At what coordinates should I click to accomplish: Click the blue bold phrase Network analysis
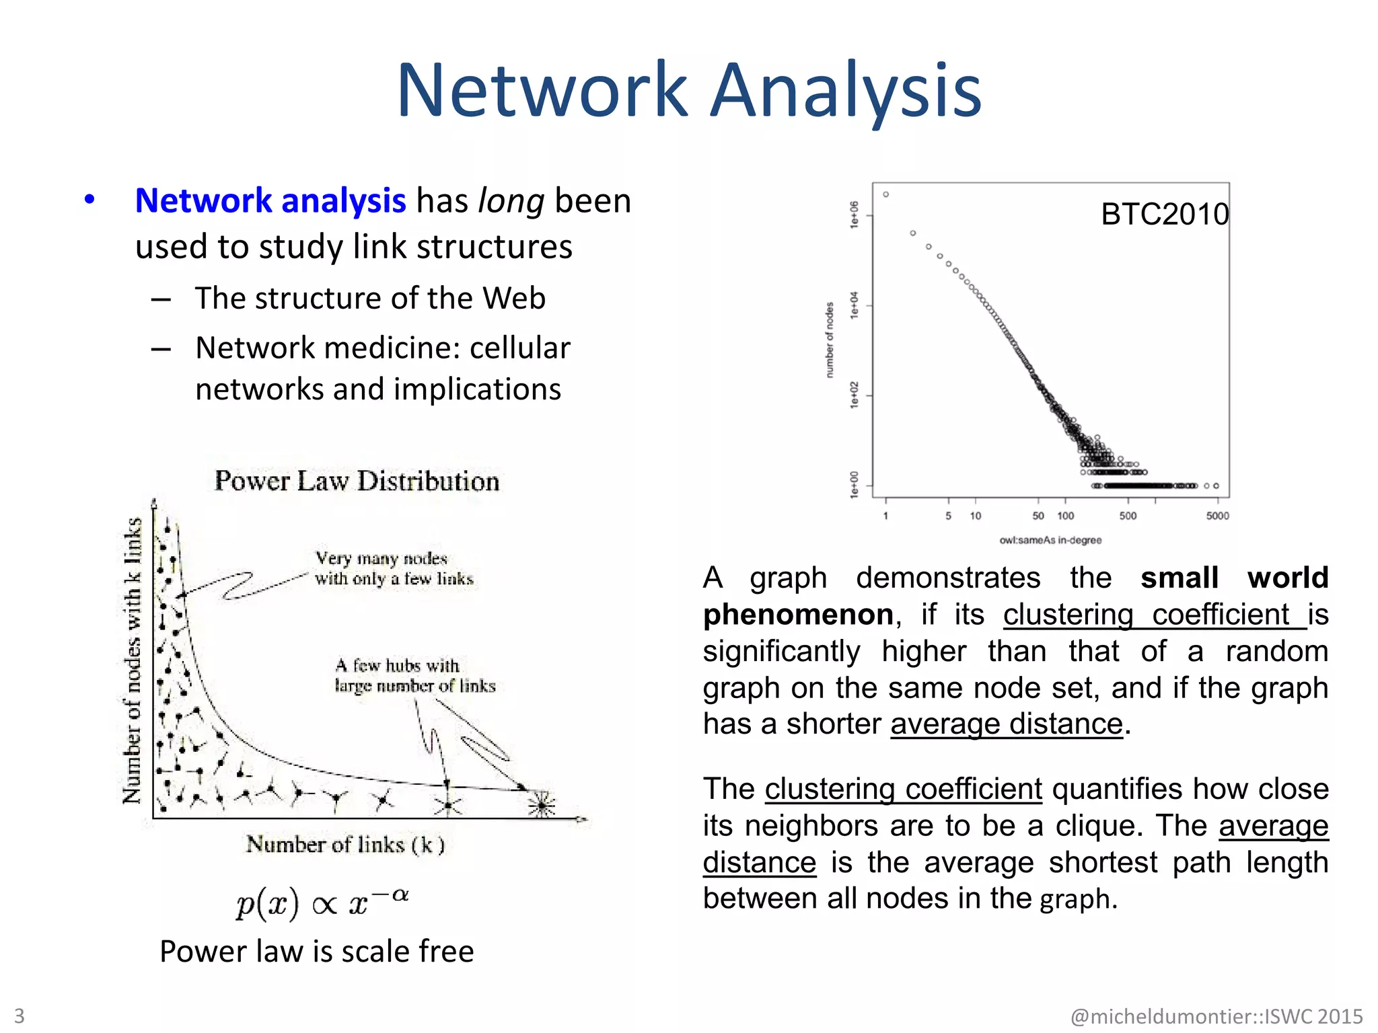tap(270, 201)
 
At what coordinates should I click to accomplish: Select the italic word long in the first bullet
tap(511, 201)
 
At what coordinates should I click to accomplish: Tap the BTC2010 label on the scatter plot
tap(1164, 215)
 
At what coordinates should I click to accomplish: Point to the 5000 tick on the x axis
tap(1217, 516)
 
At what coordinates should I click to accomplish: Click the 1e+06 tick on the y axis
tap(855, 215)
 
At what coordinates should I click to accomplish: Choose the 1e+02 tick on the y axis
tap(855, 395)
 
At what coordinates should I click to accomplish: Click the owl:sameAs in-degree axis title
tap(1050, 540)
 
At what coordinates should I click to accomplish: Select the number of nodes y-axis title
tap(830, 340)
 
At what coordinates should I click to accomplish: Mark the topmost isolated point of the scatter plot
tap(886, 194)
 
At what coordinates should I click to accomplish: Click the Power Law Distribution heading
tap(357, 482)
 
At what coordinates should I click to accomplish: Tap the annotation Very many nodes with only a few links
tap(394, 569)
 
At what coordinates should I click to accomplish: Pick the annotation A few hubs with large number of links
tap(414, 676)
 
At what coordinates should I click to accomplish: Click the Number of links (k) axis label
tap(345, 845)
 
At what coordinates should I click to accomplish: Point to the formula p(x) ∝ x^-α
tap(322, 903)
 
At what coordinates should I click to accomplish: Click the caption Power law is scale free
tap(316, 952)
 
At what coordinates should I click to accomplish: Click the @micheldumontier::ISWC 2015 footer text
tap(1216, 1016)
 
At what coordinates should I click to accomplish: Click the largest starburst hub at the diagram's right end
tap(542, 804)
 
